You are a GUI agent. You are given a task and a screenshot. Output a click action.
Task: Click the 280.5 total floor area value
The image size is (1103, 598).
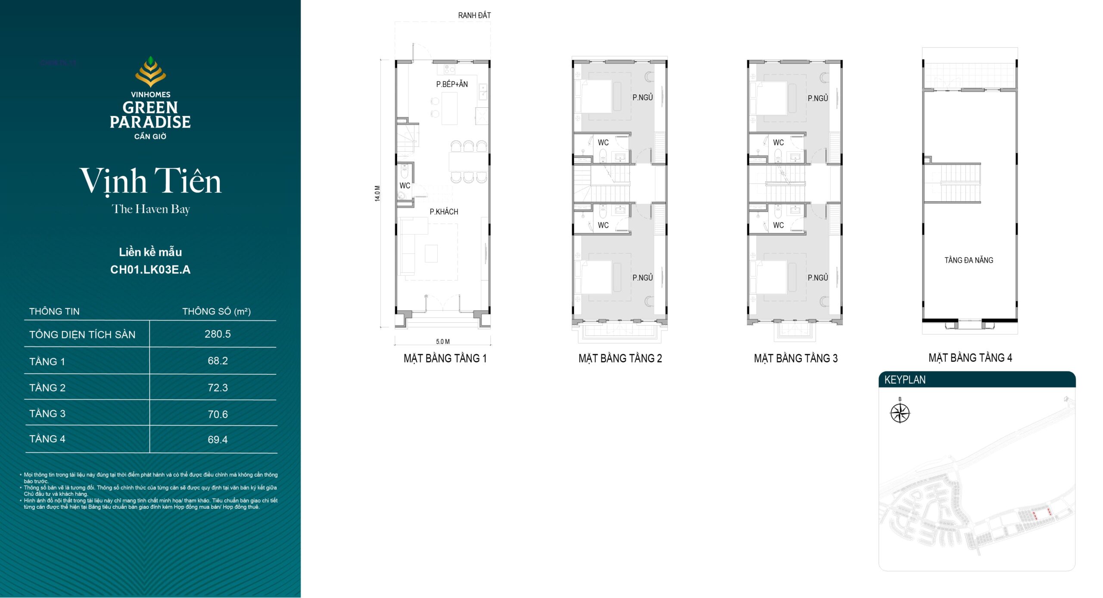tap(218, 334)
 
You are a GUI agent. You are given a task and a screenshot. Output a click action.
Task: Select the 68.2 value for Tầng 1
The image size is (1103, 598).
tap(218, 361)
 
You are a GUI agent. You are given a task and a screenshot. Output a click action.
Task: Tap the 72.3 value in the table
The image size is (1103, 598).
tap(218, 387)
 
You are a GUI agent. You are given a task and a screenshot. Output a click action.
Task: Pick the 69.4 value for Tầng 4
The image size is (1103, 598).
tap(218, 439)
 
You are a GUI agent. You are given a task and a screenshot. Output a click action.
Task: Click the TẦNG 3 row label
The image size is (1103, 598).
tap(47, 413)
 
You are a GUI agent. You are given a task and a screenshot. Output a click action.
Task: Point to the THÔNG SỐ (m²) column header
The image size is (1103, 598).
tap(216, 311)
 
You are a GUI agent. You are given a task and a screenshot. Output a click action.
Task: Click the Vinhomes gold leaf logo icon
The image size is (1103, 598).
tap(150, 72)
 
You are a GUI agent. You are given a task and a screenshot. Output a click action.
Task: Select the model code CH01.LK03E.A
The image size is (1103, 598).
tap(150, 270)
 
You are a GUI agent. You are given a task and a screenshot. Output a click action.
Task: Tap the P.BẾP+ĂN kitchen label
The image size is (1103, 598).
tap(452, 84)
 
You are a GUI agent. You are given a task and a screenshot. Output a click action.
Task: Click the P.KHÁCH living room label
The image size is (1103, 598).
tap(444, 212)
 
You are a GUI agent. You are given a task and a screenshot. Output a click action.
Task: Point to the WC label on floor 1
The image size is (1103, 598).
tap(405, 186)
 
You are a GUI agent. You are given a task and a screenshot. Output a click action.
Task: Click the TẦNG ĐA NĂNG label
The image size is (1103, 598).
tap(969, 260)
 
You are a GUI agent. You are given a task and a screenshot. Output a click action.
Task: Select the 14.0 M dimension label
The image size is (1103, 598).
tap(377, 193)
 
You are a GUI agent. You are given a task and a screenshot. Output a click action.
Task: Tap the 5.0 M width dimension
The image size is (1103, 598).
tap(443, 342)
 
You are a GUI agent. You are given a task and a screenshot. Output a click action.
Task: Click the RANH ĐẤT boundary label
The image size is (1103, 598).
tap(474, 16)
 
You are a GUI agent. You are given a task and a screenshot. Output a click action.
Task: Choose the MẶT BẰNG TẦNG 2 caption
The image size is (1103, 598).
tap(620, 358)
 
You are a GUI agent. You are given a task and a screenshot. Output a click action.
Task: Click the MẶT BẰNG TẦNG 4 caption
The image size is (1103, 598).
tap(970, 358)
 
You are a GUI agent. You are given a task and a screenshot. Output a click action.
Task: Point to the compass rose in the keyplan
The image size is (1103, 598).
tap(900, 413)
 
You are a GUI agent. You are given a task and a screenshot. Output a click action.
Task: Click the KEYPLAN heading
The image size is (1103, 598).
tap(905, 380)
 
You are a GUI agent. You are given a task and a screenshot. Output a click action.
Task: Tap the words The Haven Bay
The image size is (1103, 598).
tap(150, 209)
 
